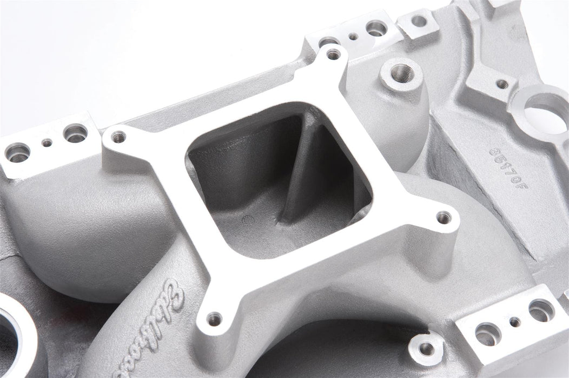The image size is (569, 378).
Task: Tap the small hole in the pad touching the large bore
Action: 502,84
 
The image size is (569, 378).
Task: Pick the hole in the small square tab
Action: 419,21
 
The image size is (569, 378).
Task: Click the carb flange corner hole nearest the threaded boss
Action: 334,53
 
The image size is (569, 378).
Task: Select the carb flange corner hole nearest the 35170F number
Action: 444,217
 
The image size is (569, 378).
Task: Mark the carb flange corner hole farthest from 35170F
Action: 115,136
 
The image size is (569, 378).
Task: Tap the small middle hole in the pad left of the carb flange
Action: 48,143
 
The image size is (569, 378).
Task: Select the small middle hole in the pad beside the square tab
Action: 353,36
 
